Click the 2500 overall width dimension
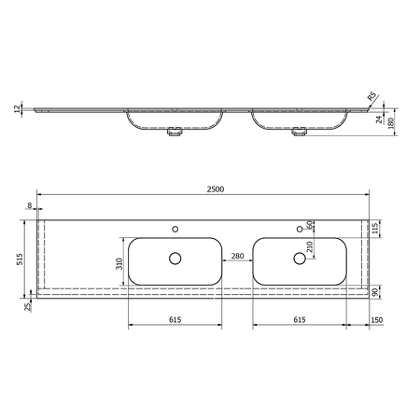216,189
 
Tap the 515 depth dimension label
20,259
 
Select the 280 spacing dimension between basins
237,256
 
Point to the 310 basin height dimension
119,264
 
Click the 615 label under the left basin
175,320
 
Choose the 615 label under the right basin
300,320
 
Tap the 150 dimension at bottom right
377,320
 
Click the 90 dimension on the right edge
375,292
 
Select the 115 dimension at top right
375,229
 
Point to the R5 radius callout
371,96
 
